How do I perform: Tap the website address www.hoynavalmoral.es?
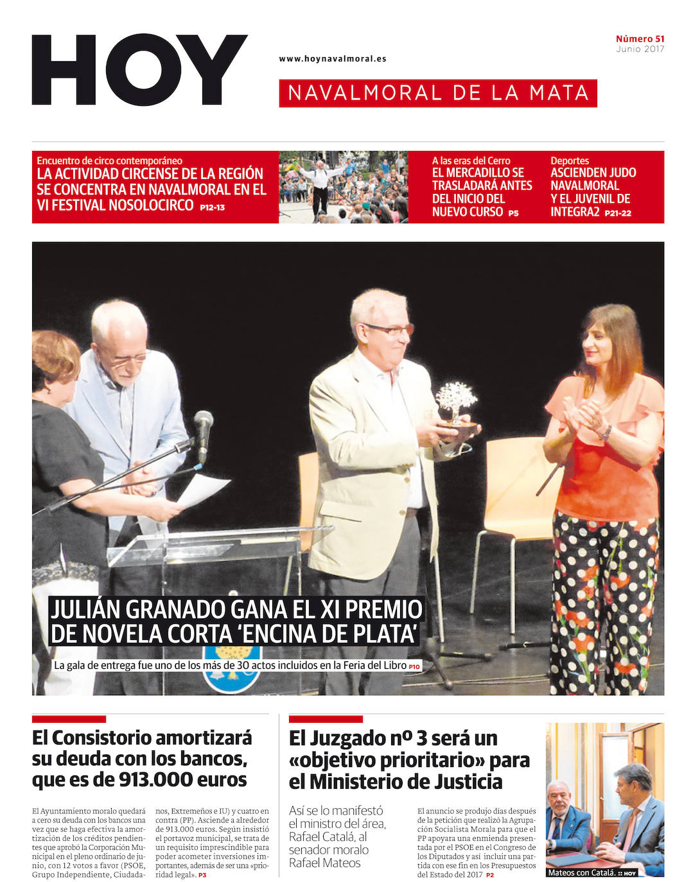tap(332, 58)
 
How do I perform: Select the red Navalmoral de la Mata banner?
tap(438, 93)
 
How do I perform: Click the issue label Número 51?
tap(640, 39)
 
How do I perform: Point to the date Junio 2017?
tap(640, 49)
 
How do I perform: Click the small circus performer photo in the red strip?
tap(344, 187)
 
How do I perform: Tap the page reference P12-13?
tap(212, 207)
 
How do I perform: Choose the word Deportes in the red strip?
tap(569, 160)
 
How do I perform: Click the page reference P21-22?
tap(617, 213)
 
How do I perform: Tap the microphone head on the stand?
tap(204, 424)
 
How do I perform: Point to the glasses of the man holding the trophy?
tap(390, 330)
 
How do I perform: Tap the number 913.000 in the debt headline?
tap(155, 779)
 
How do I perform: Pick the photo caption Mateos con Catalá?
tap(581, 872)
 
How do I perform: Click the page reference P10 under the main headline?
tap(414, 667)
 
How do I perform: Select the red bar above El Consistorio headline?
tap(69, 719)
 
